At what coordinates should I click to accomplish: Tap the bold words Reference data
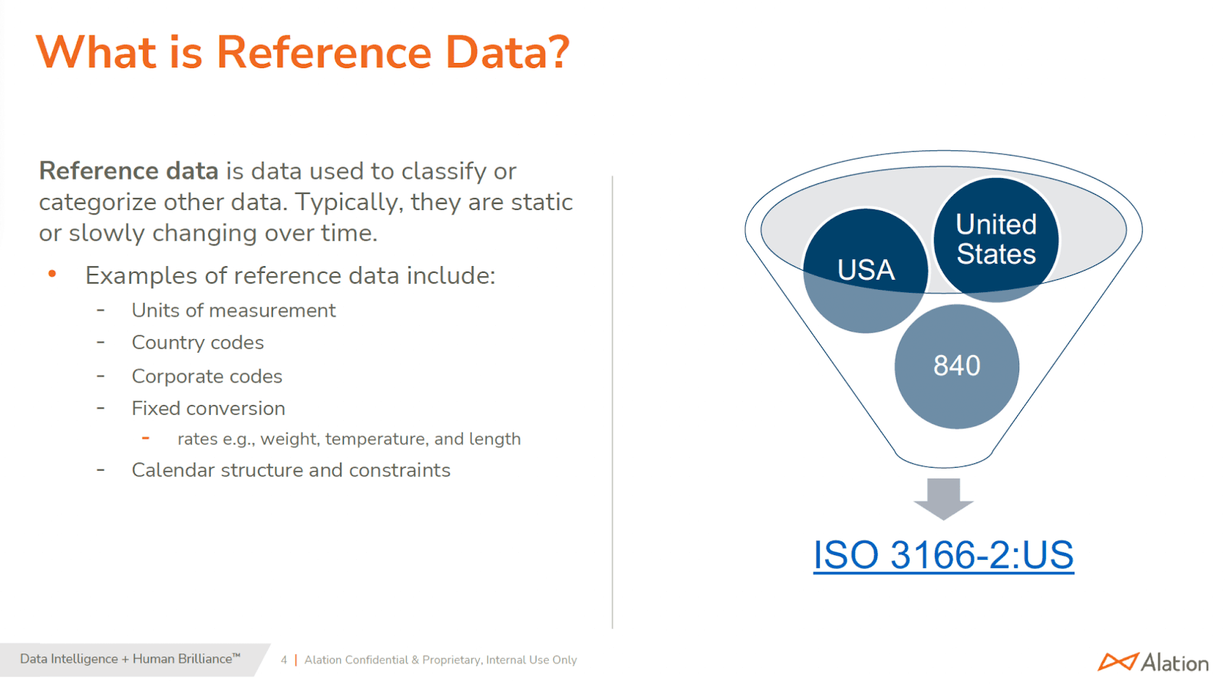[x=128, y=171]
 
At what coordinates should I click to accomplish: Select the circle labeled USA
[x=865, y=270]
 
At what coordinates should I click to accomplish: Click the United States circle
[x=995, y=238]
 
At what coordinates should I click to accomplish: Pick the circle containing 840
[x=956, y=366]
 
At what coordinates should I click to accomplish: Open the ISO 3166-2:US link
[x=943, y=555]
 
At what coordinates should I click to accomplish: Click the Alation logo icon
[x=1117, y=661]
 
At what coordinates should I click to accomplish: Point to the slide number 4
[x=284, y=659]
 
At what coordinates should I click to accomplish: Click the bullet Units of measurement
[x=233, y=311]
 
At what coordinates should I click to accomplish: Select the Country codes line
[x=197, y=343]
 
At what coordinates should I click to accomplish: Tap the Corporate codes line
[x=206, y=377]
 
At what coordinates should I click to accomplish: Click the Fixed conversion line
[x=208, y=409]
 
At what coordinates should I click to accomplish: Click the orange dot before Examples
[x=52, y=274]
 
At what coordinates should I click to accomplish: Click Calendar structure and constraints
[x=291, y=470]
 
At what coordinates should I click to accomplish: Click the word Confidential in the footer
[x=376, y=659]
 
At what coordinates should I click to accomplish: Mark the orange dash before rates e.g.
[x=146, y=438]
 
